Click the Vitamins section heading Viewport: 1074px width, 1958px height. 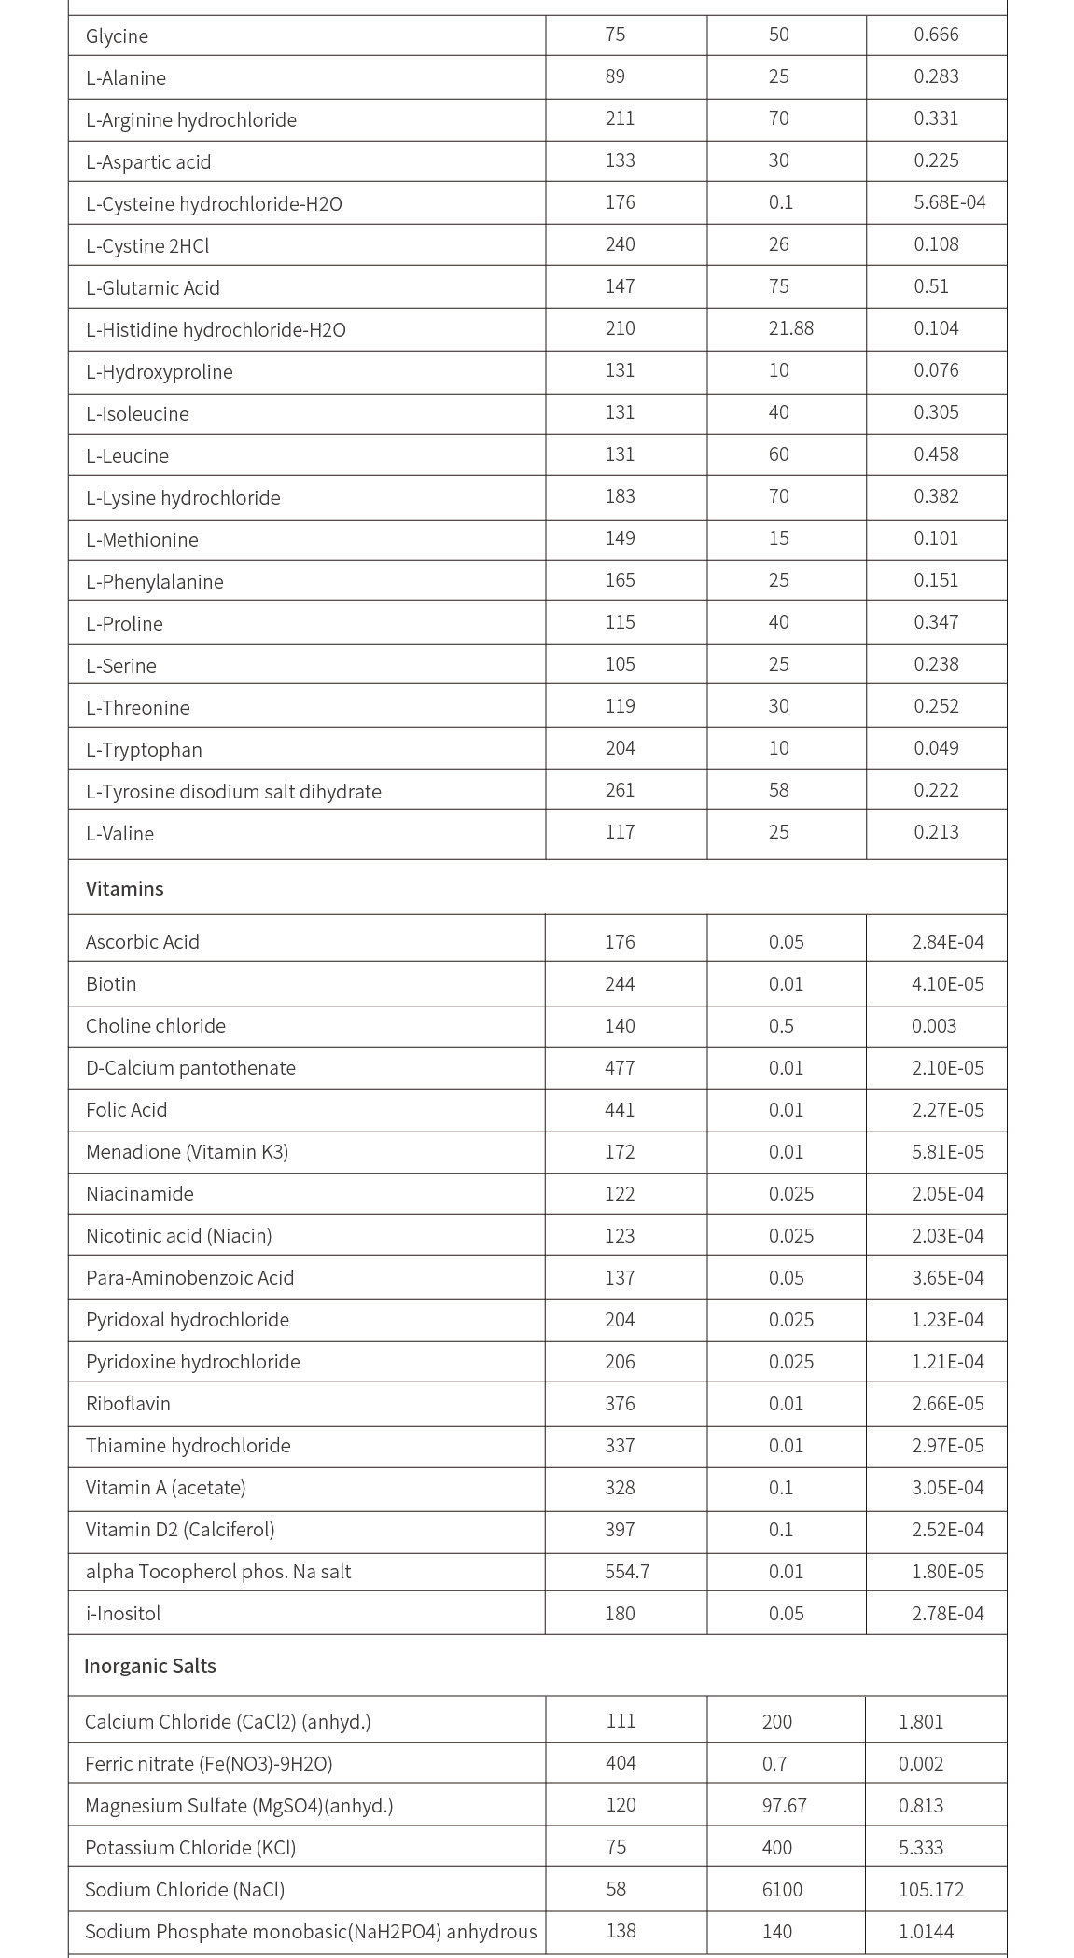[x=124, y=888]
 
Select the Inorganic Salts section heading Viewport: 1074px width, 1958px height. [x=149, y=1665]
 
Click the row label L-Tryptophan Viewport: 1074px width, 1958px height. [x=144, y=749]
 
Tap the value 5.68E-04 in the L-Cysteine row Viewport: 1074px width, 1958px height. [x=949, y=202]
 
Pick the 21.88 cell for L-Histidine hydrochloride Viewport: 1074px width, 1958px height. [x=790, y=328]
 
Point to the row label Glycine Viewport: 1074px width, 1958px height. [x=117, y=36]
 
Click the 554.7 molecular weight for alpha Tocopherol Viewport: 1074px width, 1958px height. [x=627, y=1571]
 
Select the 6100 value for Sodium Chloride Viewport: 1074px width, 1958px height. [x=781, y=1889]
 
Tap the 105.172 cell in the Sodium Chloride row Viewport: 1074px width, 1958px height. [x=930, y=1889]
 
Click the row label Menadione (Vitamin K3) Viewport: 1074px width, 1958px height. [x=187, y=1151]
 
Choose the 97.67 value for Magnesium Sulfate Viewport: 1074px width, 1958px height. [x=784, y=1805]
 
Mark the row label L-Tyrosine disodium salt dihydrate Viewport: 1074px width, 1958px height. [x=233, y=791]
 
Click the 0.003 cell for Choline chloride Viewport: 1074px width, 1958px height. [x=933, y=1025]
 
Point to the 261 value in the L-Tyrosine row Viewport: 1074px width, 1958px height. [x=620, y=790]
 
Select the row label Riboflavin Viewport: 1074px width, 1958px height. [x=128, y=1403]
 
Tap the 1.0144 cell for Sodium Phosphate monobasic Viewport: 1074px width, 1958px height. [x=926, y=1931]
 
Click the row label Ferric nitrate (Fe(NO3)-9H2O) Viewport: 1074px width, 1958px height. [x=208, y=1763]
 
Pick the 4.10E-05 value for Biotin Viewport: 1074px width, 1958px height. [x=947, y=983]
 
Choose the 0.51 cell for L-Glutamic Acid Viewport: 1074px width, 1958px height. [x=930, y=286]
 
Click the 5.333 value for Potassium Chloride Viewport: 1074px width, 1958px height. [x=920, y=1847]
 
